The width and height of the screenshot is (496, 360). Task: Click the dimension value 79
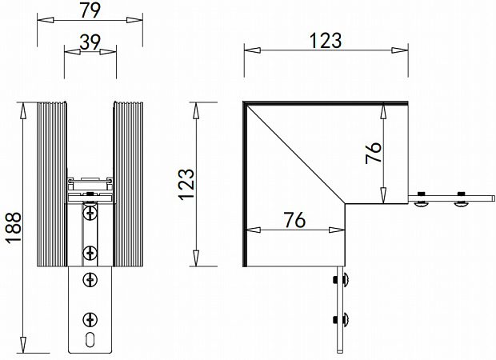(x=90, y=10)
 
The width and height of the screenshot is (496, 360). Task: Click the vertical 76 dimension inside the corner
(x=374, y=152)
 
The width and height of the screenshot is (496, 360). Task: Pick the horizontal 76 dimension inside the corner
(x=294, y=220)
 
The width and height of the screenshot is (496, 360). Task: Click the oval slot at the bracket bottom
(x=90, y=337)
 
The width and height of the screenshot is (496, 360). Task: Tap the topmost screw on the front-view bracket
(x=90, y=212)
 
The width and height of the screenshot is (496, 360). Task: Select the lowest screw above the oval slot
(x=90, y=317)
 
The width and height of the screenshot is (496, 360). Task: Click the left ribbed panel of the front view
(x=50, y=184)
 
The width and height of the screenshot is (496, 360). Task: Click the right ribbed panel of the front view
(x=129, y=184)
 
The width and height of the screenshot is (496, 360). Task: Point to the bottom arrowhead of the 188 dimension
(x=24, y=346)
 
